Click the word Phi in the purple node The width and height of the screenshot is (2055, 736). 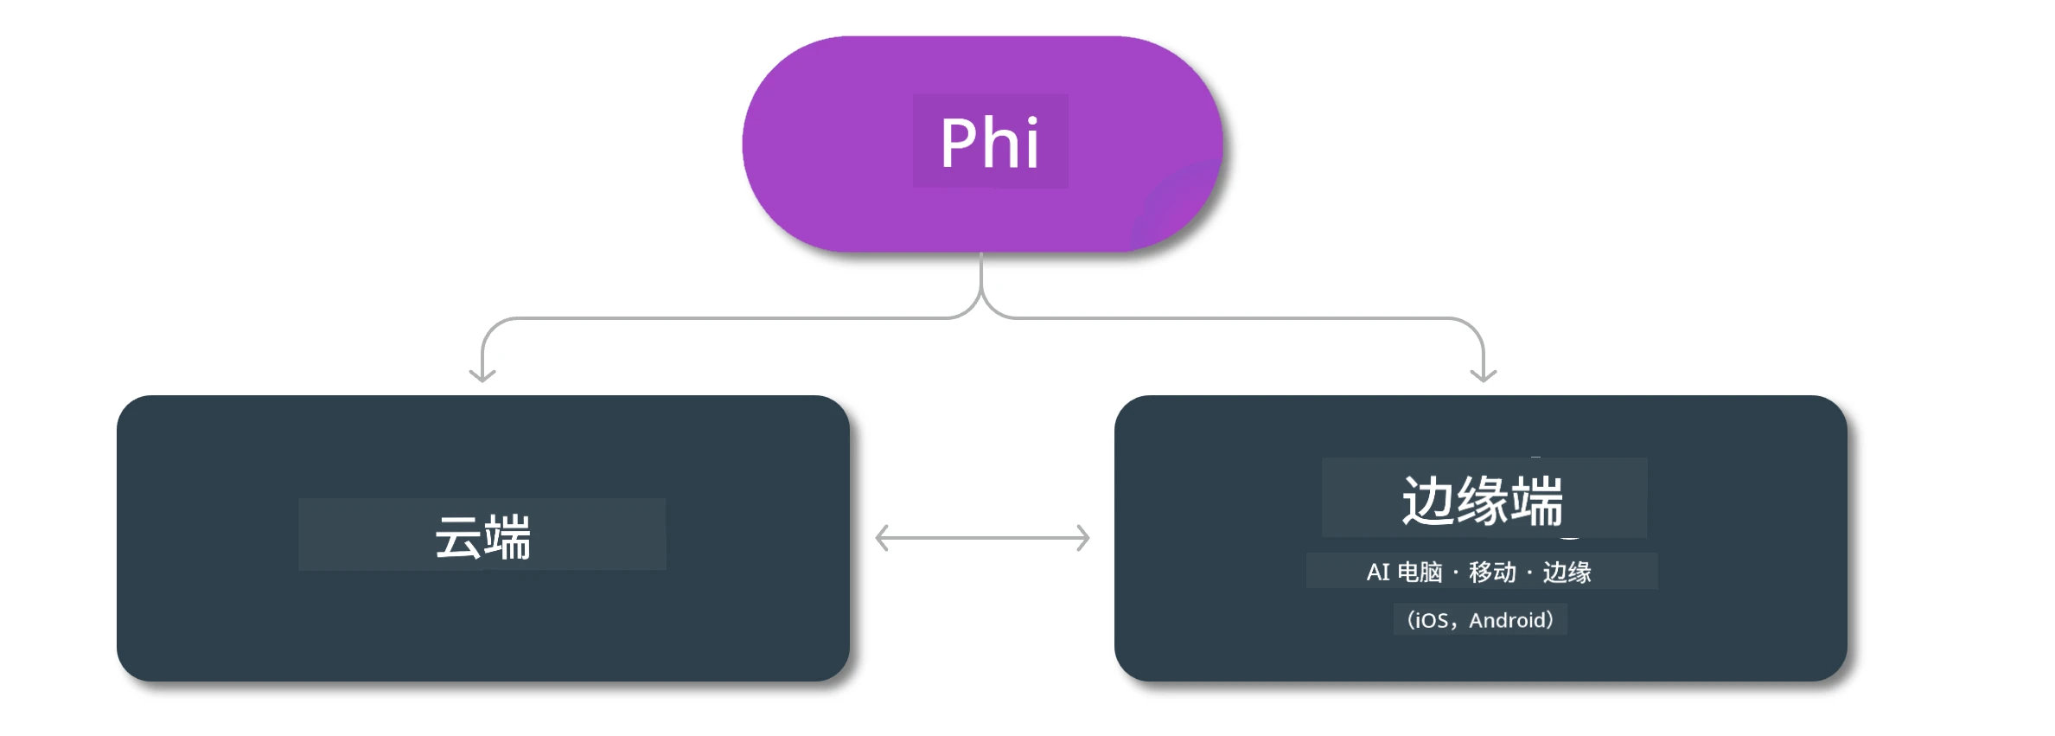tap(990, 143)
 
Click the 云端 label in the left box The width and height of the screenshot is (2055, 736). tap(482, 537)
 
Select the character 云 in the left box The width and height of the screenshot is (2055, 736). tap(457, 537)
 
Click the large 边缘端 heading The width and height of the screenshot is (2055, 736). tap(1483, 501)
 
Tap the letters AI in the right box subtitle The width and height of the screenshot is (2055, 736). tap(1378, 572)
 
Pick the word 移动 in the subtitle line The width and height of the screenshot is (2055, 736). tap(1492, 572)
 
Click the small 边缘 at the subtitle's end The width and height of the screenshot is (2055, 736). tap(1567, 572)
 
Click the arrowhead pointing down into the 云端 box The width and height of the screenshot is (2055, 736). tap(482, 374)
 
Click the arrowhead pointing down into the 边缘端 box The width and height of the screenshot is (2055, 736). tap(1484, 374)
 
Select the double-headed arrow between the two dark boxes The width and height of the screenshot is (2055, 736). tap(983, 538)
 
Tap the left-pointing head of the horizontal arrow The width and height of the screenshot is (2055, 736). tap(882, 538)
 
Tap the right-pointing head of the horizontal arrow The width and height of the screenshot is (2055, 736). tap(1083, 538)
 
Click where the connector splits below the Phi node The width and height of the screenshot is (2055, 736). tap(981, 298)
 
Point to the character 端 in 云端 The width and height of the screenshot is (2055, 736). tap(507, 537)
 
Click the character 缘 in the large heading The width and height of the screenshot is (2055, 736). tap(1483, 501)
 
